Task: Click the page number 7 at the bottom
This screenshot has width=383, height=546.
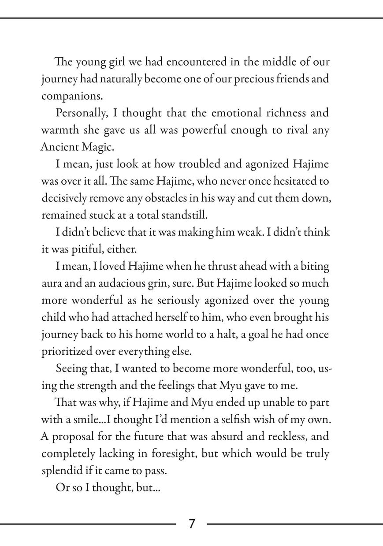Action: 192,524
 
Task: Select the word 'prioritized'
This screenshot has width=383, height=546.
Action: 66,352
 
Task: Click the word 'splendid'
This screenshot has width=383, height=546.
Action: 60,471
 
